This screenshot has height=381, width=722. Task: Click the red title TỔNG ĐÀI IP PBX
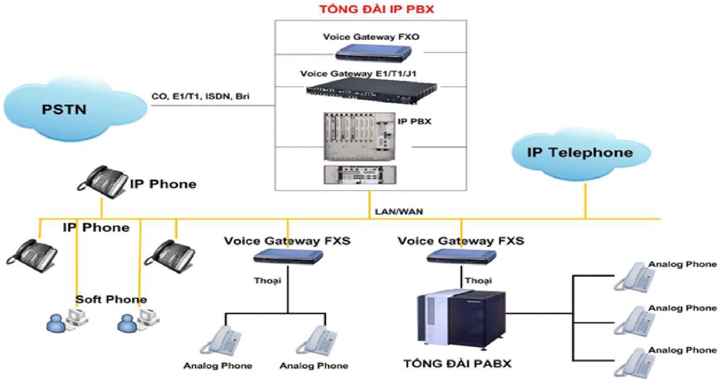pyautogui.click(x=376, y=9)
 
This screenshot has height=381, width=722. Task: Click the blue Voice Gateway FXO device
pyautogui.click(x=373, y=53)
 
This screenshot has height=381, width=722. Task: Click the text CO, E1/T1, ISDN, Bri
pyautogui.click(x=200, y=96)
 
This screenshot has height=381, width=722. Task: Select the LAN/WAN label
pyautogui.click(x=399, y=211)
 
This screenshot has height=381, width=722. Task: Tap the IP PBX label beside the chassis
pyautogui.click(x=414, y=121)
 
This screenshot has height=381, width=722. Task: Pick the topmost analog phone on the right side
pyautogui.click(x=634, y=277)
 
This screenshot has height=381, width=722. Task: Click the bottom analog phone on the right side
pyautogui.click(x=634, y=362)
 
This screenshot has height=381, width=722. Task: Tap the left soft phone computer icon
pyautogui.click(x=68, y=320)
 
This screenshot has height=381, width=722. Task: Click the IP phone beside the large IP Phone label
pyautogui.click(x=102, y=181)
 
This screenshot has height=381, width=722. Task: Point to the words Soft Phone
pyautogui.click(x=111, y=299)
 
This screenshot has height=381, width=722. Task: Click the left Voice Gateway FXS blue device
pyautogui.click(x=288, y=257)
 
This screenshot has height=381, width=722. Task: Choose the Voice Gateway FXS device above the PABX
pyautogui.click(x=461, y=257)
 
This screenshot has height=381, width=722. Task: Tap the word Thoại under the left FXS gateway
pyautogui.click(x=267, y=281)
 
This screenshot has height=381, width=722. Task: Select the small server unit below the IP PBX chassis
pyautogui.click(x=360, y=175)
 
